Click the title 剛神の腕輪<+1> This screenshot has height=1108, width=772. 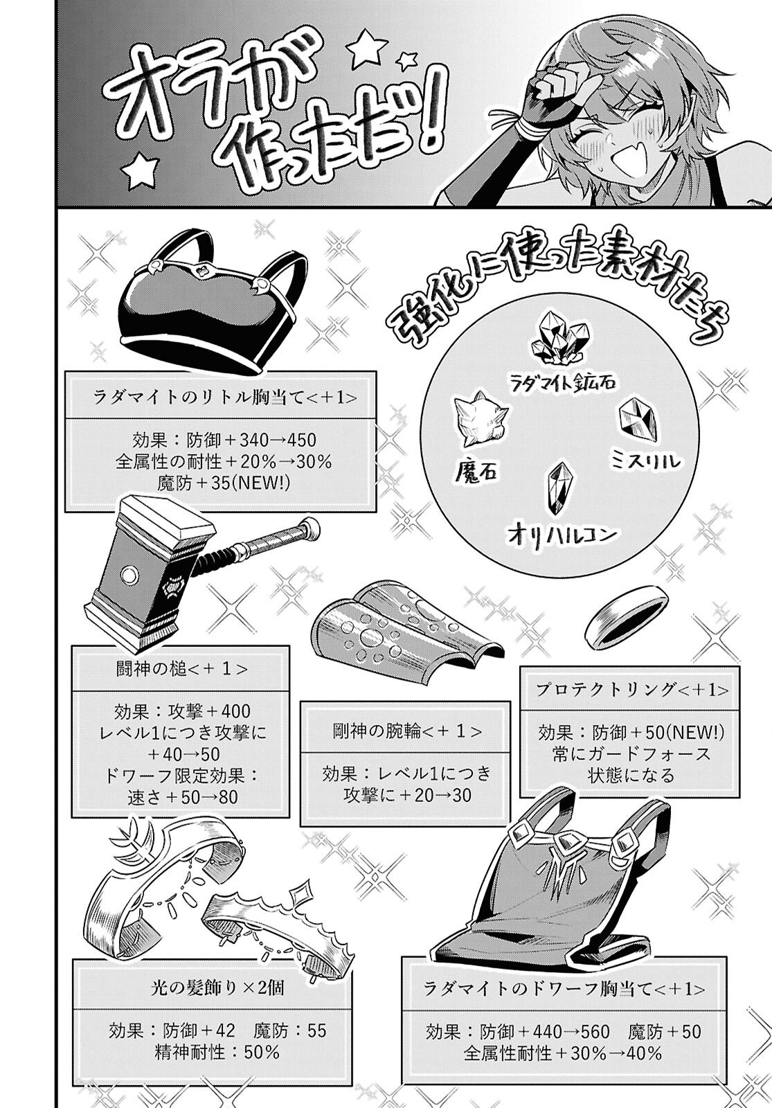coord(405,732)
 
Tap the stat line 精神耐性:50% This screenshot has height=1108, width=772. coord(217,1053)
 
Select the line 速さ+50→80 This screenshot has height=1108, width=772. coord(183,796)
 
